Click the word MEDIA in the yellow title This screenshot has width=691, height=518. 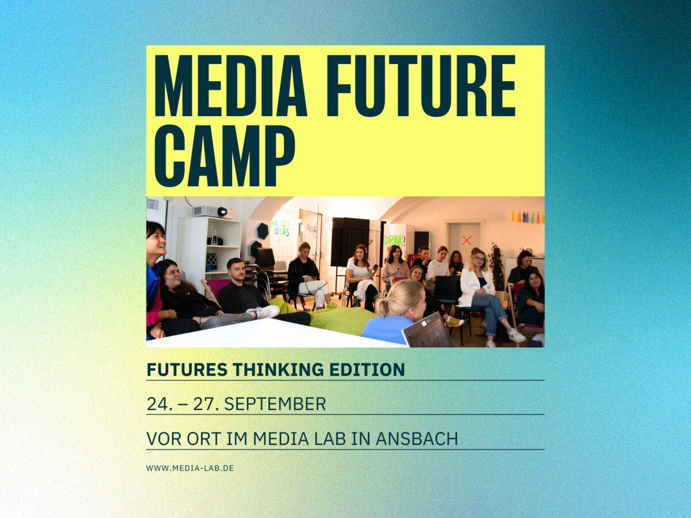[230, 86]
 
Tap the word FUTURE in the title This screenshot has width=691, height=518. [421, 86]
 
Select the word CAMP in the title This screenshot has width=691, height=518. [225, 155]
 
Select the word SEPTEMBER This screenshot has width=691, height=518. [275, 404]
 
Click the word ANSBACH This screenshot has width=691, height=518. [417, 439]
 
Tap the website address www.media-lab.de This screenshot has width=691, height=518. [190, 468]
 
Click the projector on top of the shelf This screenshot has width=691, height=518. [212, 212]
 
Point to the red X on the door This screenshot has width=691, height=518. [466, 241]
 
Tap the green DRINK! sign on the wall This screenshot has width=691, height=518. [395, 241]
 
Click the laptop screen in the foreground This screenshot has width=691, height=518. [428, 330]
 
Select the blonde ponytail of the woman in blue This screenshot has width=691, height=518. [382, 307]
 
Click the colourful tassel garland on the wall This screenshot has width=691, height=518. [527, 217]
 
